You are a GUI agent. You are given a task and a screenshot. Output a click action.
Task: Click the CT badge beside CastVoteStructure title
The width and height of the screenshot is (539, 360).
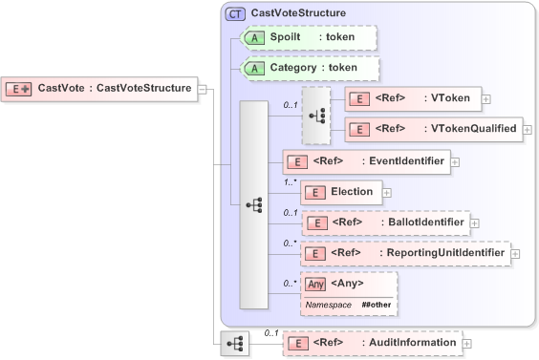tap(234, 13)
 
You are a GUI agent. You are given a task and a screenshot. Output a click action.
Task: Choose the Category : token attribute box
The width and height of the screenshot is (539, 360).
tap(309, 68)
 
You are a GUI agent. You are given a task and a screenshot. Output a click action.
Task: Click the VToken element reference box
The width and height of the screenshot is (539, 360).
tap(412, 98)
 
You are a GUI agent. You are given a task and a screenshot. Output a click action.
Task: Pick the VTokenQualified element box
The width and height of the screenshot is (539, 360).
tap(432, 129)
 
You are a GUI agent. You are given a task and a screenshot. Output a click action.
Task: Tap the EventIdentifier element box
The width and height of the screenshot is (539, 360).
tap(365, 161)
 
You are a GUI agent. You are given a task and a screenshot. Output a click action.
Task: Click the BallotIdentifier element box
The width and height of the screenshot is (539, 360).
tap(384, 222)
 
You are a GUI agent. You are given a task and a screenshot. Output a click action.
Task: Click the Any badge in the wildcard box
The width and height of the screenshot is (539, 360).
tap(315, 284)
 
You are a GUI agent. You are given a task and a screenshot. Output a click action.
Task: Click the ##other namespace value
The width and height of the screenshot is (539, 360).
tap(377, 304)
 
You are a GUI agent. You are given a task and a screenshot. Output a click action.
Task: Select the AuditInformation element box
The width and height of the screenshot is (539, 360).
tap(371, 343)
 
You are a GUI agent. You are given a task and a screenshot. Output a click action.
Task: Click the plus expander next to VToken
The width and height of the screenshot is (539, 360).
tap(486, 98)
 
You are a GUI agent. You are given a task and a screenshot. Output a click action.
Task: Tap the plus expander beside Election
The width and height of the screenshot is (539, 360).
tap(386, 192)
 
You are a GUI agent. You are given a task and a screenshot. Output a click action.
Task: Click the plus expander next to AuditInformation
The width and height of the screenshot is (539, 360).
tap(465, 343)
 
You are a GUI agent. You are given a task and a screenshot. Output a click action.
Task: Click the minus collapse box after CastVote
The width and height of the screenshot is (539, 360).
tap(204, 89)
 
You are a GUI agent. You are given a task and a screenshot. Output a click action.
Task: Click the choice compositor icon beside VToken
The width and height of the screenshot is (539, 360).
tap(315, 115)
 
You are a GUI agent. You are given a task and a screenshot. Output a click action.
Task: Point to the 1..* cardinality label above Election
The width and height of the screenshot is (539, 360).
tap(289, 180)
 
